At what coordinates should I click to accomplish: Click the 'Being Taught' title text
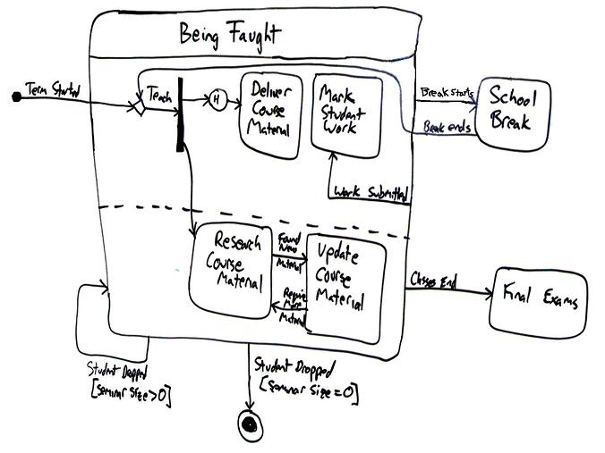coord(229,35)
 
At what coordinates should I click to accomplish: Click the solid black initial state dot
coord(15,96)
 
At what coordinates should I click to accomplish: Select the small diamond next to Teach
coord(137,107)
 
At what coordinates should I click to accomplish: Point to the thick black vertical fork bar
coord(183,114)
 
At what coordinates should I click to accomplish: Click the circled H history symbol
coord(216,101)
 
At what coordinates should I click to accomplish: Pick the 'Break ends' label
coord(447,128)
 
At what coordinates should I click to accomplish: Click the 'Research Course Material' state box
coord(229,266)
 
